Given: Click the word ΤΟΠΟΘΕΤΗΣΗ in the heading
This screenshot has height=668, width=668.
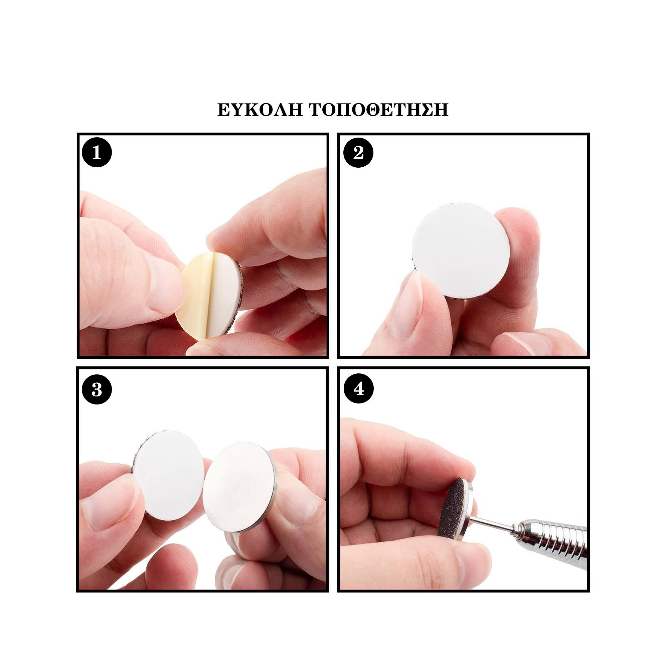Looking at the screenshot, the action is (x=379, y=110).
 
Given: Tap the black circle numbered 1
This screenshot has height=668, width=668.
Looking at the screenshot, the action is (x=97, y=153).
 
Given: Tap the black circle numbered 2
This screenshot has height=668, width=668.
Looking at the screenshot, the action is (x=358, y=153).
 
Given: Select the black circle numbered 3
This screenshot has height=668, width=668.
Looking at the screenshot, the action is (x=97, y=390).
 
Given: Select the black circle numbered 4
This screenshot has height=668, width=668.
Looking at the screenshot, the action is (x=358, y=390).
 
